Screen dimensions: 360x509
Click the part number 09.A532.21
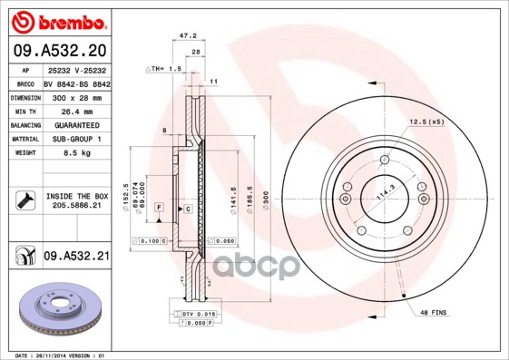(76, 257)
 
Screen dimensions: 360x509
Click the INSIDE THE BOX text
(77, 196)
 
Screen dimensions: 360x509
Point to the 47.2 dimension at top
(189, 37)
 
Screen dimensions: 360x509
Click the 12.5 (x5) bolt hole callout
(425, 121)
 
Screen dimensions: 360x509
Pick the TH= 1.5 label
(166, 69)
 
